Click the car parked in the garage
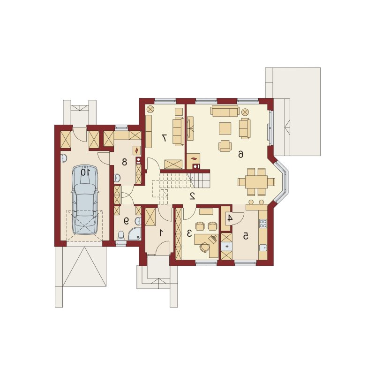point(85,200)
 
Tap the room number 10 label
point(85,172)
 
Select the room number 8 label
point(124,162)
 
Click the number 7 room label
point(165,138)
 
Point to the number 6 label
point(240,155)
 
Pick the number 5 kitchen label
point(246,237)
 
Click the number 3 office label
point(189,233)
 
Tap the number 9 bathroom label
point(126,221)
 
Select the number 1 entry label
point(161,232)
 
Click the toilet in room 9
point(121,236)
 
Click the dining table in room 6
point(256,182)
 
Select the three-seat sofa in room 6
point(225,112)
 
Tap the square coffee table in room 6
point(225,128)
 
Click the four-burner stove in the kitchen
point(263,224)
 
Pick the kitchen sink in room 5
point(263,247)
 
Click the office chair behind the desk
point(204,247)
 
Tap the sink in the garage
point(64,158)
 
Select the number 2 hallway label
point(192,196)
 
